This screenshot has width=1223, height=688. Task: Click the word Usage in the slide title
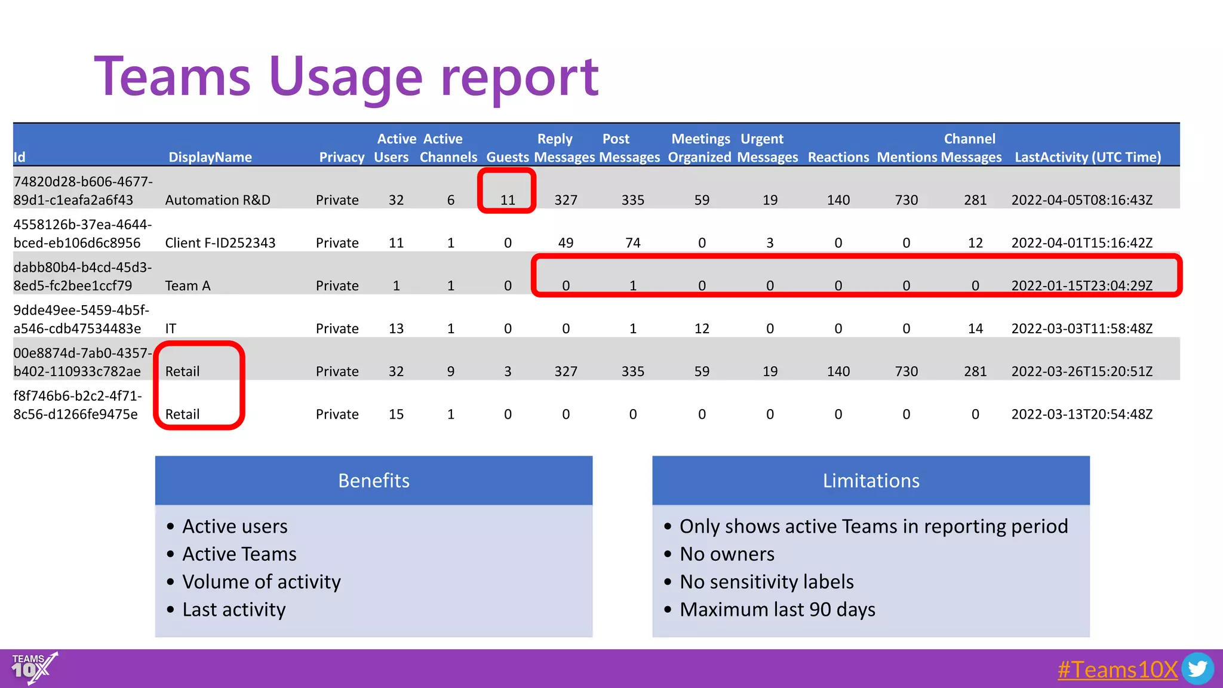point(346,78)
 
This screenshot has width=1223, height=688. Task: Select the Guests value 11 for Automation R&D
point(508,200)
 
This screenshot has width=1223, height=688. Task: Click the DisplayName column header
point(210,157)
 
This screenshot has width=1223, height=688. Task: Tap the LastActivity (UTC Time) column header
point(1087,157)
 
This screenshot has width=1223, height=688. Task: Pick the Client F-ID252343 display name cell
point(220,243)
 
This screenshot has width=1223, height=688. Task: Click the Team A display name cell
point(188,286)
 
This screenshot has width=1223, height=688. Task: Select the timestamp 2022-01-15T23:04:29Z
point(1081,286)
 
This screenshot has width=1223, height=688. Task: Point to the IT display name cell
point(171,328)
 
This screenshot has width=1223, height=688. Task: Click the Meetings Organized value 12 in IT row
point(702,328)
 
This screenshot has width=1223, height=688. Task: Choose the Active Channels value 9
point(451,371)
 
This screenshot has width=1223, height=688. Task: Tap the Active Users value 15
point(396,414)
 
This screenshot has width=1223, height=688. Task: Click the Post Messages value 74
point(632,243)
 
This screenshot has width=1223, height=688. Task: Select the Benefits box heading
point(374,481)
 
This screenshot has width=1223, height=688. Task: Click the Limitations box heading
point(871,481)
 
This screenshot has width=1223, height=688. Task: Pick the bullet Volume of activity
point(261,582)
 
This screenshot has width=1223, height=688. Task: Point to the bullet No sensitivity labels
point(766,582)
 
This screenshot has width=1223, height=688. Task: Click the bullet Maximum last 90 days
point(777,610)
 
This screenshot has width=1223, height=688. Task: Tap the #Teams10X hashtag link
point(1117,669)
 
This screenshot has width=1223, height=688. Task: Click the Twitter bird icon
point(1197,669)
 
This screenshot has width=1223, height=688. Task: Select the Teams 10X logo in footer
point(33,668)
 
